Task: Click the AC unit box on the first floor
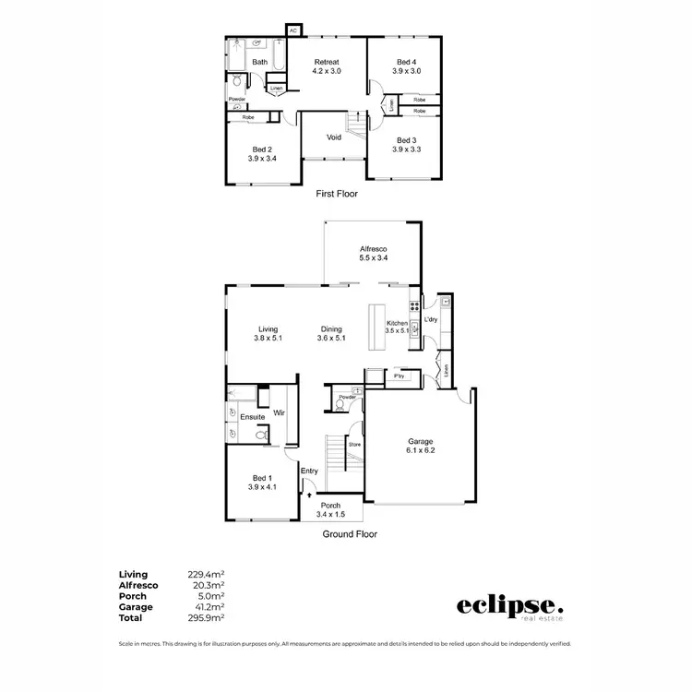[293, 30]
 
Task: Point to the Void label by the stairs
[334, 137]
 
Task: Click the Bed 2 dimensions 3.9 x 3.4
[262, 159]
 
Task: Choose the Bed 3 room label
[407, 139]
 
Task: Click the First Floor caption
[336, 194]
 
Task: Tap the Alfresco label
[372, 249]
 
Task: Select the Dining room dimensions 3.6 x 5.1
[331, 339]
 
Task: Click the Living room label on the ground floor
[268, 329]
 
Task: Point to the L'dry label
[430, 320]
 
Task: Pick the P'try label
[400, 376]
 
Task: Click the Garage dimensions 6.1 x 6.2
[421, 451]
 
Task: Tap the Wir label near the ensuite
[278, 413]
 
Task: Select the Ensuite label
[253, 417]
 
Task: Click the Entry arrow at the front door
[309, 495]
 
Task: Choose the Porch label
[330, 506]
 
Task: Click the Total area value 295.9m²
[209, 617]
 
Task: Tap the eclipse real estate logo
[509, 607]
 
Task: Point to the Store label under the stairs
[353, 445]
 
